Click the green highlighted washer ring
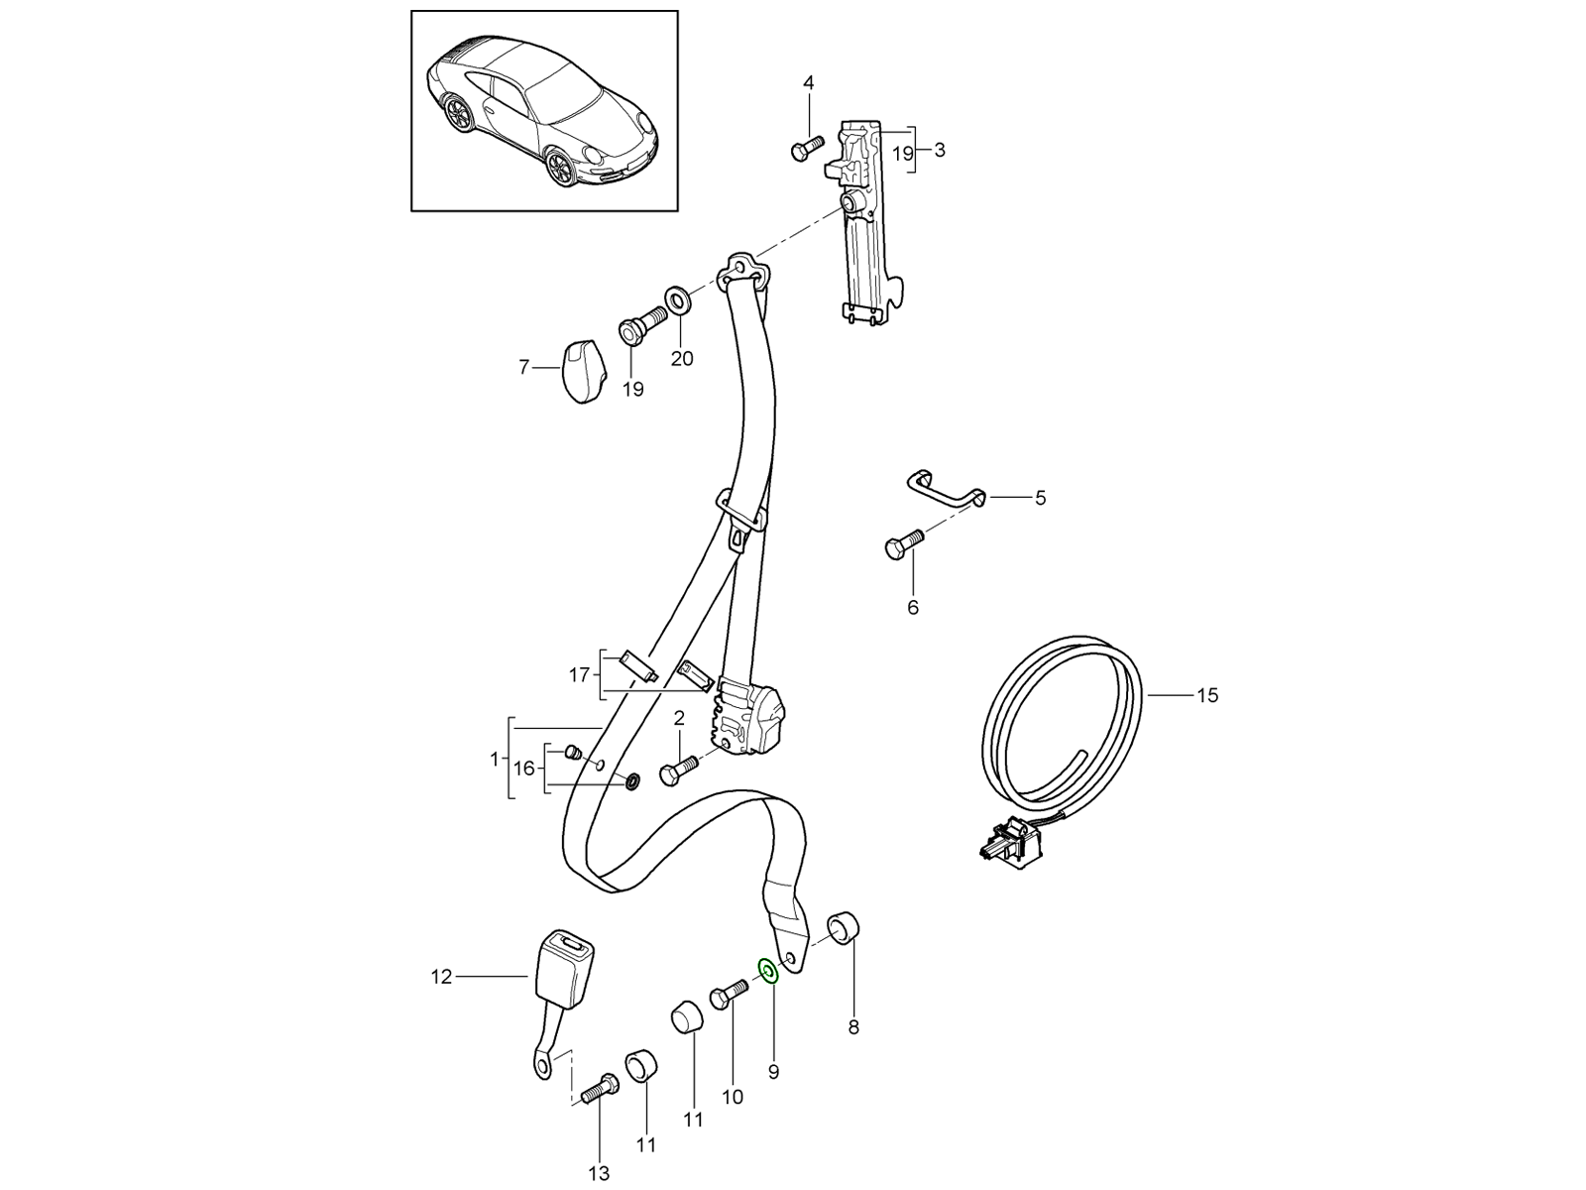click(x=767, y=970)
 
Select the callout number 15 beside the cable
click(x=1206, y=695)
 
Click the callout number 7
click(x=524, y=367)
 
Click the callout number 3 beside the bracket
click(x=940, y=151)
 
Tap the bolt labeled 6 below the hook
click(x=901, y=543)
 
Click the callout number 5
click(x=1040, y=498)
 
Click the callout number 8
click(x=853, y=1027)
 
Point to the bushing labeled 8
click(x=844, y=928)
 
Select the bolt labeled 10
click(x=727, y=995)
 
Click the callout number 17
click(x=579, y=675)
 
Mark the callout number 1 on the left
click(x=494, y=760)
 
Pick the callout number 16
click(x=524, y=768)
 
